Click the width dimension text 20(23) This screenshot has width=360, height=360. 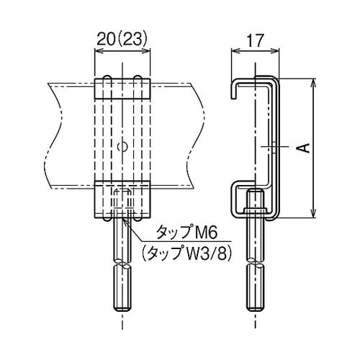click(x=122, y=38)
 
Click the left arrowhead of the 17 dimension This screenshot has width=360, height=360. click(x=233, y=50)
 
